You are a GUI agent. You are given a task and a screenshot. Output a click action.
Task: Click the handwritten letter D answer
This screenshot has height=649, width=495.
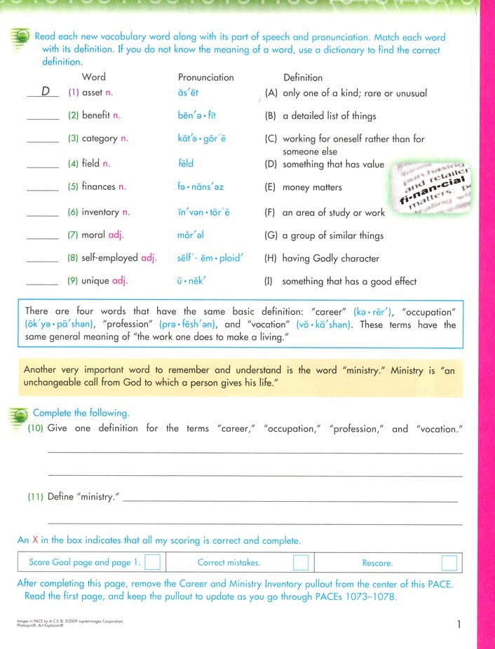pyautogui.click(x=46, y=91)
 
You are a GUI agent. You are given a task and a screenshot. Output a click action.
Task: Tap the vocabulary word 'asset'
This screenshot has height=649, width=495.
pyautogui.click(x=92, y=93)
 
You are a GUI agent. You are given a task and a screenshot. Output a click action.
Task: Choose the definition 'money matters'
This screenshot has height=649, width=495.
pyautogui.click(x=312, y=188)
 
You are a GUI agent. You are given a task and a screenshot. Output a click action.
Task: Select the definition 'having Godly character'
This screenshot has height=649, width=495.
pyautogui.click(x=331, y=258)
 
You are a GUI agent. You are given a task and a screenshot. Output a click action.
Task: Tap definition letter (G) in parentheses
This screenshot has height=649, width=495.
pyautogui.click(x=270, y=235)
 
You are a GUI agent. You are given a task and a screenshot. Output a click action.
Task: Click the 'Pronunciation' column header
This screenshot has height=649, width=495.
pyautogui.click(x=205, y=77)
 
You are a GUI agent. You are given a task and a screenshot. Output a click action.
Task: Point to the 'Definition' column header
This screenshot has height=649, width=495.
pyautogui.click(x=303, y=77)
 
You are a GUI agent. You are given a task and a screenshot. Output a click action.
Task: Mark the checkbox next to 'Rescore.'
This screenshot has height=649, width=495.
pyautogui.click(x=449, y=563)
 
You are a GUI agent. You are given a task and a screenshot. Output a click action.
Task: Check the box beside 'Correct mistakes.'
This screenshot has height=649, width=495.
pyautogui.click(x=301, y=563)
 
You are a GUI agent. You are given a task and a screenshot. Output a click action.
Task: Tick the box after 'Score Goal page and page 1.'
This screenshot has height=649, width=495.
pyautogui.click(x=153, y=563)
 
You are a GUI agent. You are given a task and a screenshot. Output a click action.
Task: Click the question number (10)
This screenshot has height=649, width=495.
pyautogui.click(x=36, y=428)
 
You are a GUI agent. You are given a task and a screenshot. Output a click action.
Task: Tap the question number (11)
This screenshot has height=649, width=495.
pyautogui.click(x=36, y=497)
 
